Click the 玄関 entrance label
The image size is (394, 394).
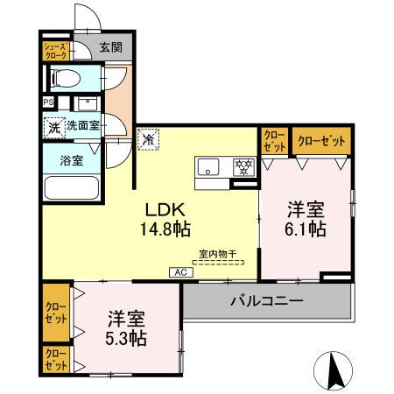pos(110,48)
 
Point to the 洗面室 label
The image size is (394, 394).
pos(84,126)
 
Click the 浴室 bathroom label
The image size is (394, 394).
pos(72,161)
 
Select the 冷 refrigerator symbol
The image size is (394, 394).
pos(148,138)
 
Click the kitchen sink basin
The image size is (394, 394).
pos(210,166)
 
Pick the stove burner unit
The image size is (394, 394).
pos(242,166)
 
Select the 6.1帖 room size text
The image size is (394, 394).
pos(306,229)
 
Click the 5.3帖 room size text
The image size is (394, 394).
pos(126,337)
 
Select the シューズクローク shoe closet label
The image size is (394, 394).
pos(55,49)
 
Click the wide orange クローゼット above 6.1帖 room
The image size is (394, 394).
pos(320,140)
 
